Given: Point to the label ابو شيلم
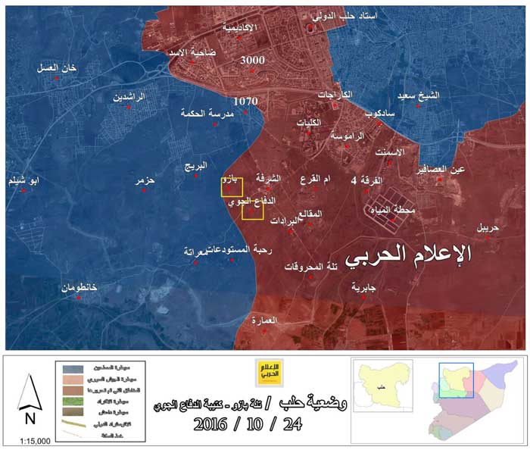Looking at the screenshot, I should [x=25, y=181].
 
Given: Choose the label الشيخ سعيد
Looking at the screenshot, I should [x=418, y=96].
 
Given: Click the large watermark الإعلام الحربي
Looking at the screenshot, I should [x=408, y=254].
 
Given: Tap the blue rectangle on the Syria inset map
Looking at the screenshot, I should [x=456, y=380].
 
